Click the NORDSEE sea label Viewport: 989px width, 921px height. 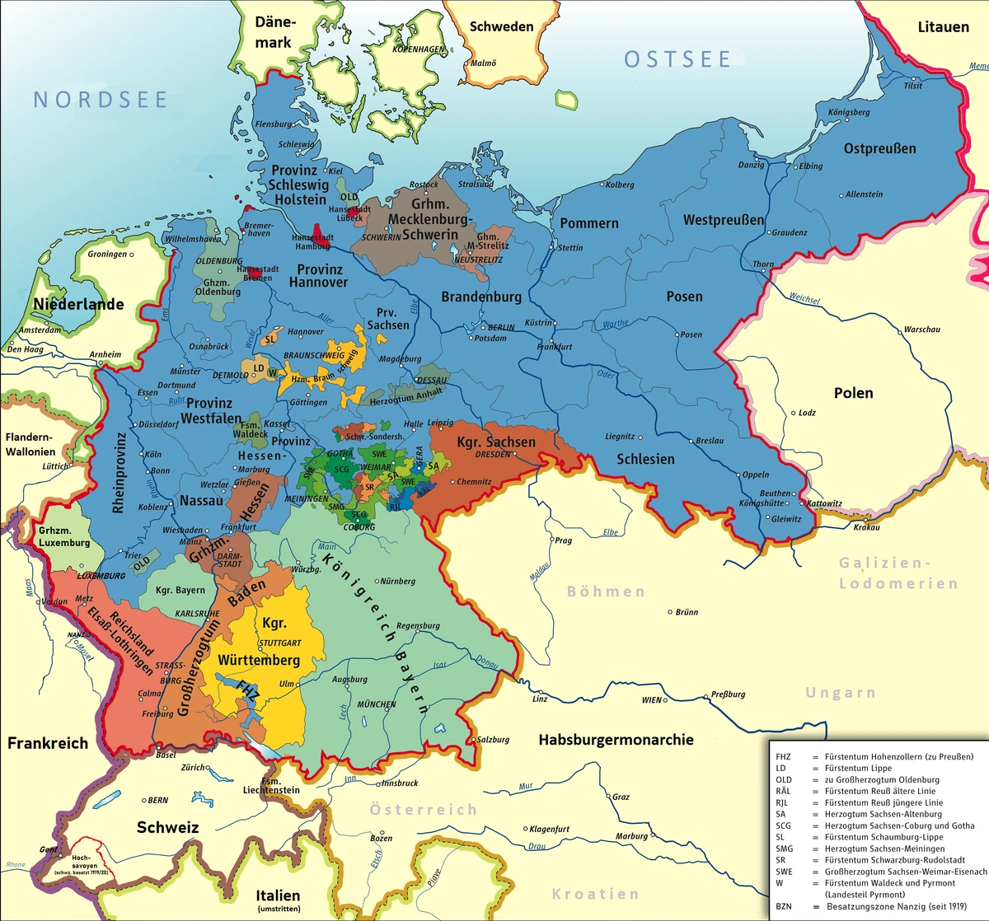point(101,100)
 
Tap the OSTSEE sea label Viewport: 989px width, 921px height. point(677,59)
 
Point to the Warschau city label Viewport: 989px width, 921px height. point(921,330)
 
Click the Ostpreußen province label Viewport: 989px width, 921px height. point(879,149)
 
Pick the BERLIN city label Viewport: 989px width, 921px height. point(501,327)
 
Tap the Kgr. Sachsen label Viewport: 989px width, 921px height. point(496,442)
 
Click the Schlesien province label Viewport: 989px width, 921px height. point(645,459)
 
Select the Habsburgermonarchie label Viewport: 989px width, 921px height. point(616,740)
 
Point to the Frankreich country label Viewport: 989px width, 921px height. point(48,743)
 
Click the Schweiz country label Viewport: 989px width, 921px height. point(167,827)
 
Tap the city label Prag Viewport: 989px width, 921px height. point(563,541)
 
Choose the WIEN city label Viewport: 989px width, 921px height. point(652,700)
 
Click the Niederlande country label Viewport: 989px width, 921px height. point(78,304)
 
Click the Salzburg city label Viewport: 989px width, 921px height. point(493,740)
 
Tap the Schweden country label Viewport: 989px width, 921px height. point(501,26)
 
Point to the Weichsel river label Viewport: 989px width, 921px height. point(804,299)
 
